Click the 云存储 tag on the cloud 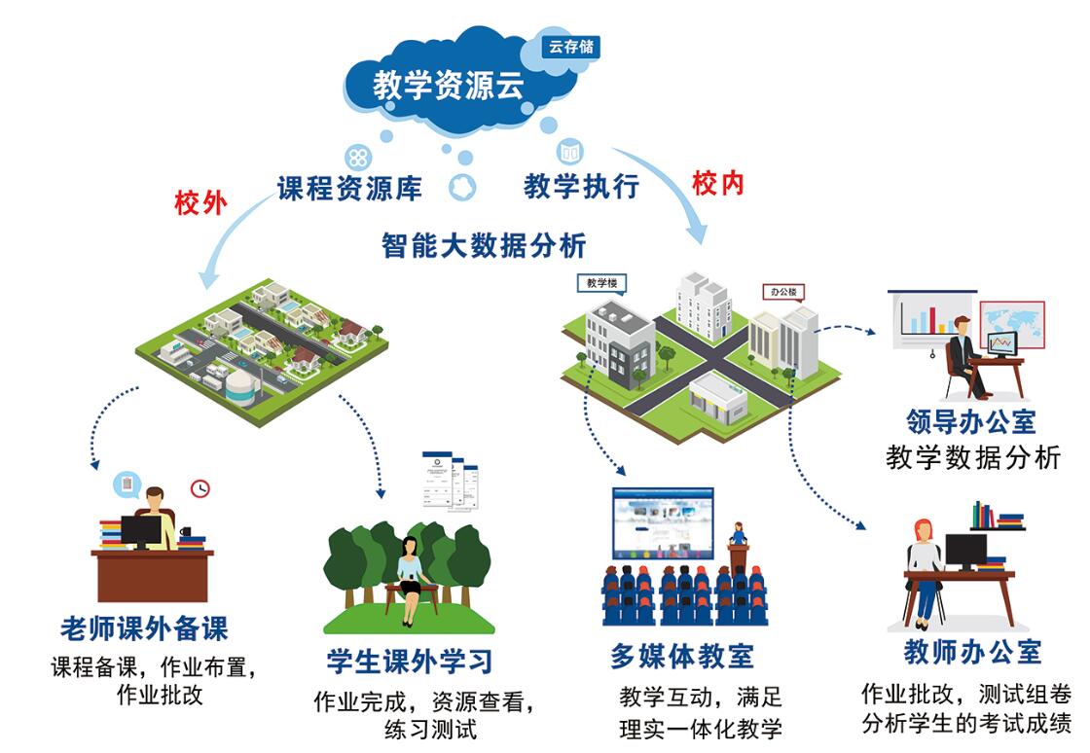(x=570, y=46)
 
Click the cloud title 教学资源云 (x=449, y=86)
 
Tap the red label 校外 (x=200, y=202)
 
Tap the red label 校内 (x=718, y=183)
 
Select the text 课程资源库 (x=349, y=188)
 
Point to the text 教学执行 (x=581, y=186)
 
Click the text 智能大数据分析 (x=484, y=245)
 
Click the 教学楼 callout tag (x=601, y=283)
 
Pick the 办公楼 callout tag (x=783, y=292)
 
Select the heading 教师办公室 (x=972, y=651)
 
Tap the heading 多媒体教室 (x=681, y=656)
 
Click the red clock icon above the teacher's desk (x=200, y=487)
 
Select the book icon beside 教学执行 (x=569, y=152)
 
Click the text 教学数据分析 (x=972, y=457)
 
